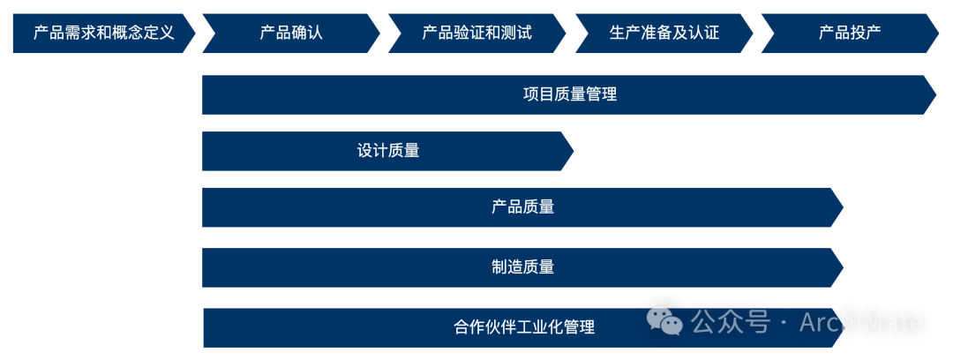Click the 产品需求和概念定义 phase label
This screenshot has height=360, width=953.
(x=103, y=34)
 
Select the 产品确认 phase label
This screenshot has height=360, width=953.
(x=291, y=34)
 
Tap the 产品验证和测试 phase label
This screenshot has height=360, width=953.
(x=477, y=34)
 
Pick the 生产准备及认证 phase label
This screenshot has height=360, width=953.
(x=664, y=34)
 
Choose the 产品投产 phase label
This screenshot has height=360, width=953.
(x=850, y=34)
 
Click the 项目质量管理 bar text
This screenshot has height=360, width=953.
(x=570, y=94)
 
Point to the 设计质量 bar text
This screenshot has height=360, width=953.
(x=388, y=151)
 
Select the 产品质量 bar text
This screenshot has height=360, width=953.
(x=523, y=207)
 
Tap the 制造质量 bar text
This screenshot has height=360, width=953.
(x=523, y=266)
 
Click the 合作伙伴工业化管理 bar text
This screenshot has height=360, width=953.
(x=524, y=327)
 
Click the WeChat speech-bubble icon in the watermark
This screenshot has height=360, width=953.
(x=664, y=321)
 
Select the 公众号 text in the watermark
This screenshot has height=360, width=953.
(x=731, y=322)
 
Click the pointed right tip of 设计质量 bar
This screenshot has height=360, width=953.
(x=574, y=151)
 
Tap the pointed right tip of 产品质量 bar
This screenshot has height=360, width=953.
(x=844, y=207)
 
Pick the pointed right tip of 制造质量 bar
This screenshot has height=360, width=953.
(x=844, y=266)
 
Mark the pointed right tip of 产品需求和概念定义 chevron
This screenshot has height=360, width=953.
(x=195, y=34)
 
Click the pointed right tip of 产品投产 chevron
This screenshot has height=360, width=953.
(x=939, y=34)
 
